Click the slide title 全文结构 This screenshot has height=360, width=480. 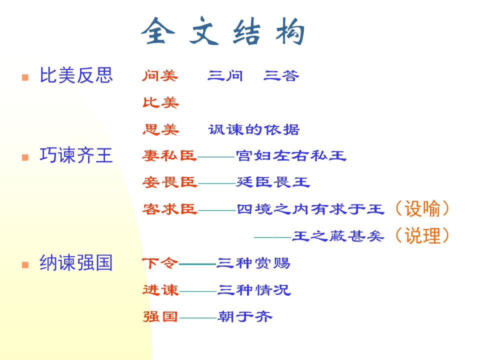[223, 31]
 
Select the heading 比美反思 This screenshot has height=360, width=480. [76, 75]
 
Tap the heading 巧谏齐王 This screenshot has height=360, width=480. [76, 155]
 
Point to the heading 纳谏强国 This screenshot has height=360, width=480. [76, 262]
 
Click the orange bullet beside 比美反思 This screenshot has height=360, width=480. [25, 77]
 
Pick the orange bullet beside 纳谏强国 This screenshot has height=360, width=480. [25, 264]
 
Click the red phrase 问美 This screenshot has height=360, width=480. [160, 75]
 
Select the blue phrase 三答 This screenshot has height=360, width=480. [281, 75]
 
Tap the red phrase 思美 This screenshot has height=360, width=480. [160, 129]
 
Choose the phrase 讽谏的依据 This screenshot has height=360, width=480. [254, 129]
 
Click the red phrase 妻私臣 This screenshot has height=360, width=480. [169, 155]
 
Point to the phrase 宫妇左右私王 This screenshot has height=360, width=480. [291, 155]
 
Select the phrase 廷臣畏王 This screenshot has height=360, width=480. [273, 182]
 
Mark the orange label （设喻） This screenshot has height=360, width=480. [422, 209]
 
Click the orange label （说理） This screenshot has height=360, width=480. [422, 235]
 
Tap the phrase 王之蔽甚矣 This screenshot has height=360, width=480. [338, 236]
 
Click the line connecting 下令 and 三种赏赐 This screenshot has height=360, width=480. [197, 264]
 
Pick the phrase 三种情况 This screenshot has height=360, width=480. [254, 289]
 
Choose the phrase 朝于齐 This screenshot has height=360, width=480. [245, 316]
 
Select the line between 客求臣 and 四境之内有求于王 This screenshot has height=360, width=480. [217, 210]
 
